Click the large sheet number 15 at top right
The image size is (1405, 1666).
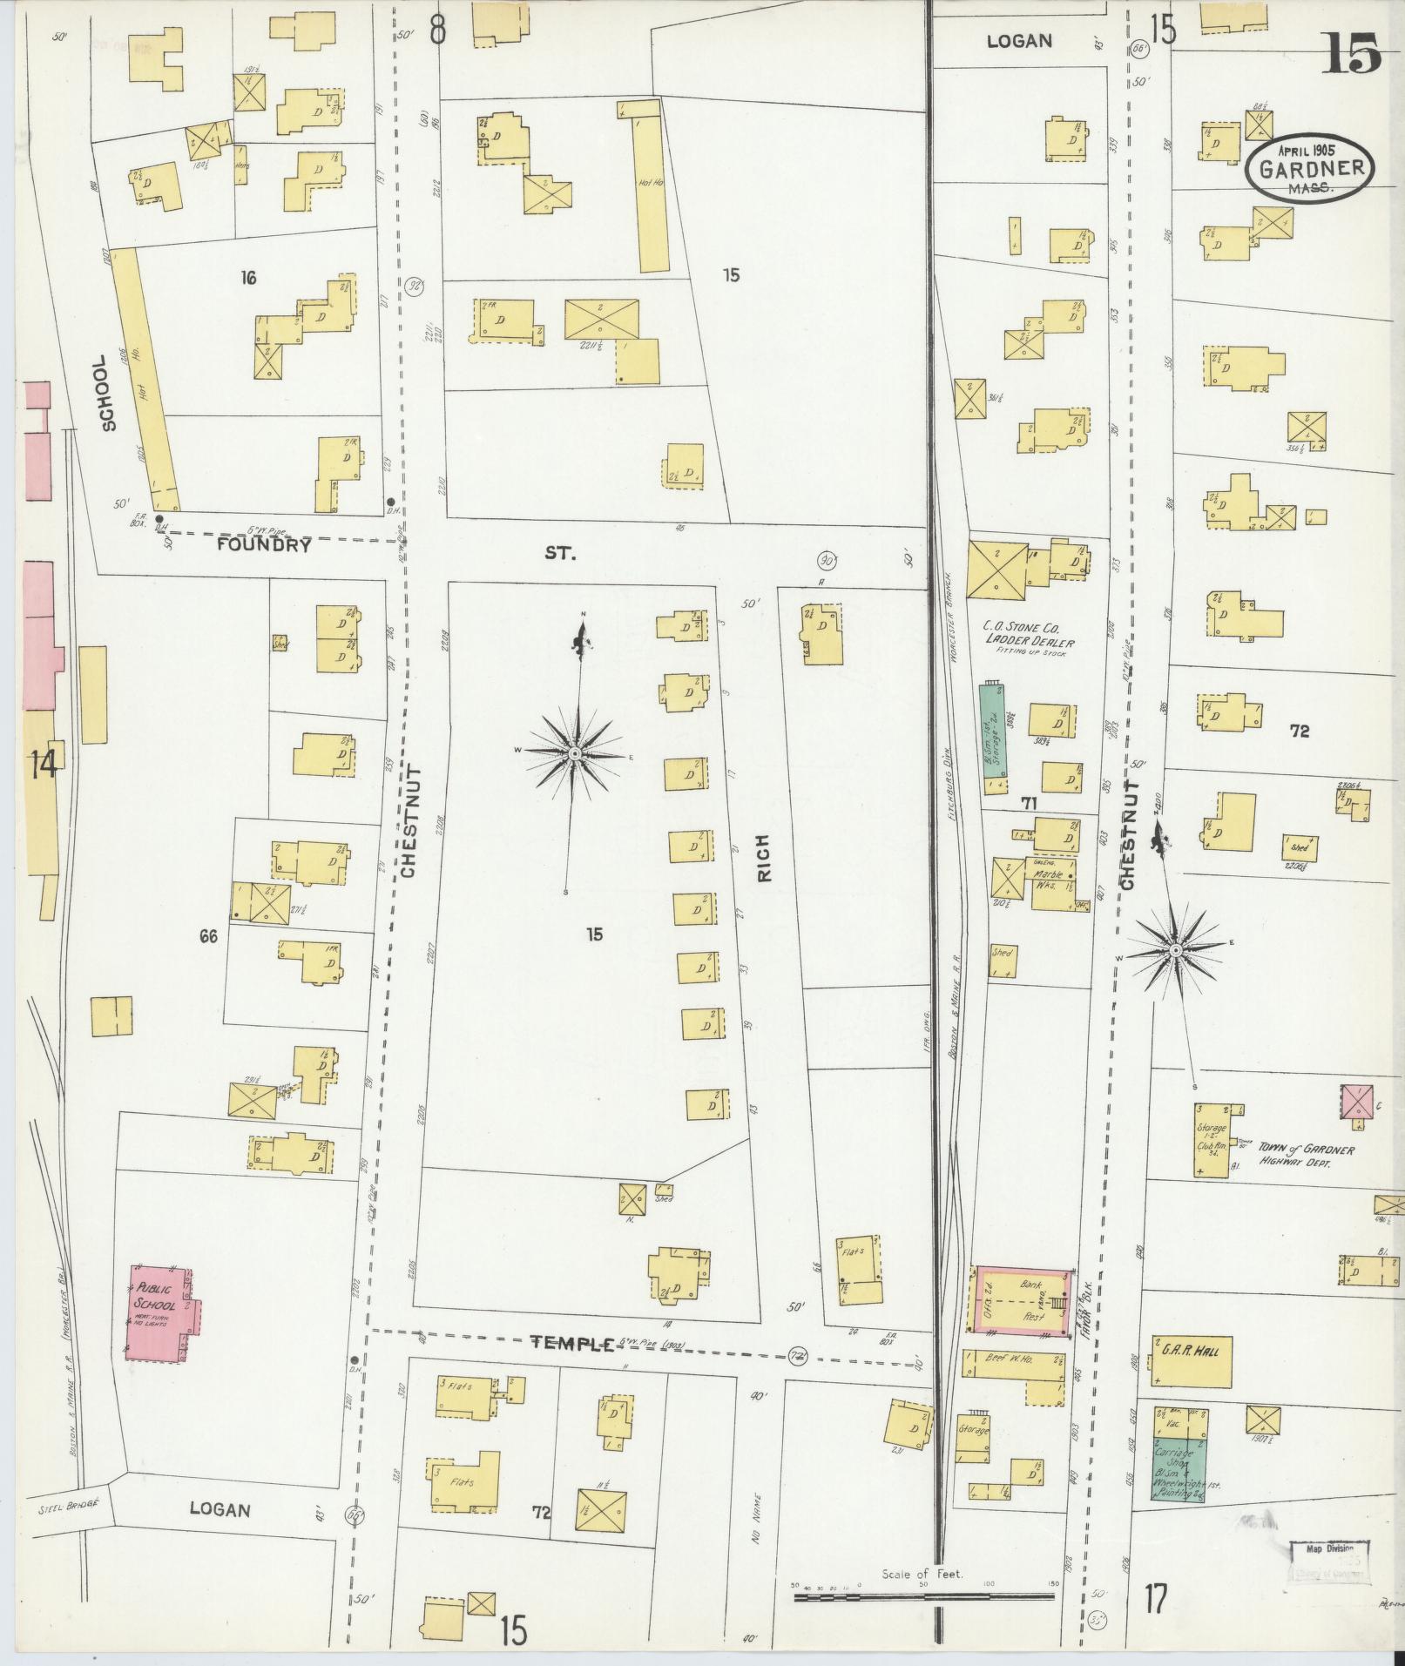(1353, 54)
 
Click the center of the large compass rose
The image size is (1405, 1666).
(575, 752)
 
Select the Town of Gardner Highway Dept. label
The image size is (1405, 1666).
(1305, 1156)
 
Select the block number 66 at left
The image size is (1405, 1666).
(208, 936)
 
